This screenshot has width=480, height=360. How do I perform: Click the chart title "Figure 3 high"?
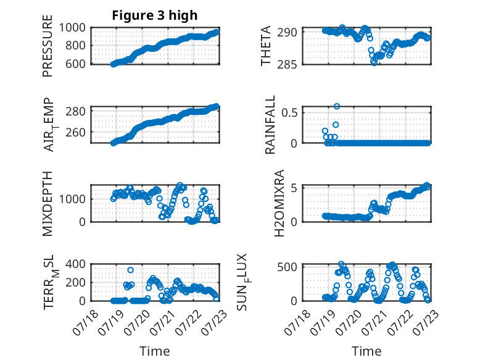(155, 15)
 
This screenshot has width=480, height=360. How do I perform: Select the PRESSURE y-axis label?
(48, 46)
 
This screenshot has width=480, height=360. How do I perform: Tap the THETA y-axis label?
(266, 46)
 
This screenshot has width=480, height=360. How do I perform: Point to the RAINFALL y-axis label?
(270, 125)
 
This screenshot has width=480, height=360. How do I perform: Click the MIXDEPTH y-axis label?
(48, 204)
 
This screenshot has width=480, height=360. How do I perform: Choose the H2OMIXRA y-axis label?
(279, 203)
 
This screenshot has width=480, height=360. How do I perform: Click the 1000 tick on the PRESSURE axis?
(72, 28)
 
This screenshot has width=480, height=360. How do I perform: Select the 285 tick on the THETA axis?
(287, 65)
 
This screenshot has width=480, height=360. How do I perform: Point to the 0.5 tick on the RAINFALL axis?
(289, 112)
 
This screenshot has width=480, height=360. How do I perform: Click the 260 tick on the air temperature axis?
(76, 133)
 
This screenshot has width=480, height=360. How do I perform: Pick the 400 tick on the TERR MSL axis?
(76, 264)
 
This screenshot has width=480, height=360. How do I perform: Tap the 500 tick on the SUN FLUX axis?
(287, 267)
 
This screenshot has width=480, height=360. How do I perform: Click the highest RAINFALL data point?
(337, 106)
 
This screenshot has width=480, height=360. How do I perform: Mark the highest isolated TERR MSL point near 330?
(130, 270)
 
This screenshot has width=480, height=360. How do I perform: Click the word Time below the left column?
(155, 351)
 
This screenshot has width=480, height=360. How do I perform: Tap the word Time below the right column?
(366, 351)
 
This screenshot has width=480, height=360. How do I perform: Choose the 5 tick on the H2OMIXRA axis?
(294, 188)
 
